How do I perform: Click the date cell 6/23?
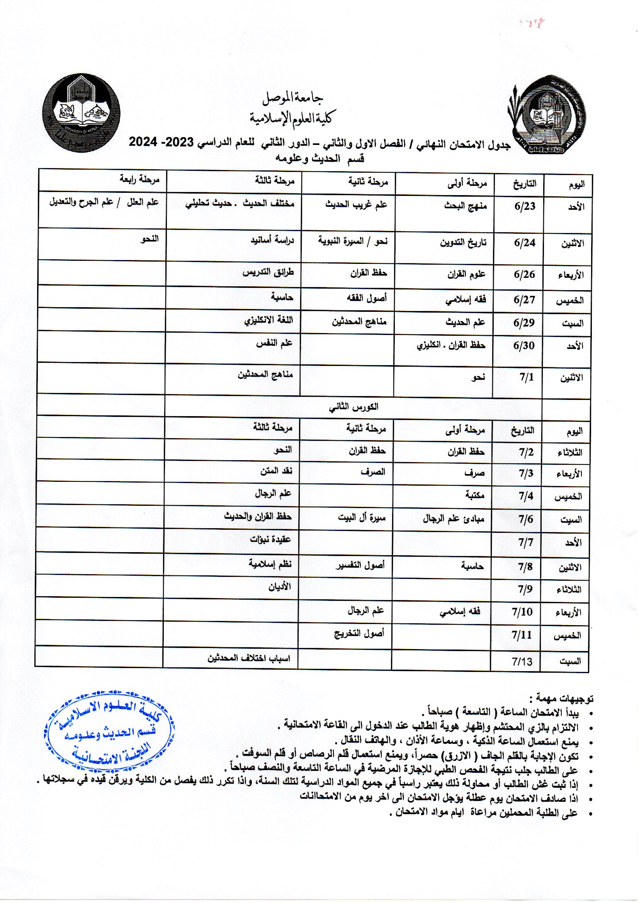coord(525,206)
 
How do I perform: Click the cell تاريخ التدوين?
coord(463,242)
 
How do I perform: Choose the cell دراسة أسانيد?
coord(272,240)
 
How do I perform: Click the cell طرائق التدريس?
coord(268,272)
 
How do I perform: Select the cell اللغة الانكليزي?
coord(269,321)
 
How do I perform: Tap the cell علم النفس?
coord(274,343)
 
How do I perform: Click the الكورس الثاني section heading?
coord(353,407)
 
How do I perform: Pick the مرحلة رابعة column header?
coord(140,180)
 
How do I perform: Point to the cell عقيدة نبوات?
coord(270,539)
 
